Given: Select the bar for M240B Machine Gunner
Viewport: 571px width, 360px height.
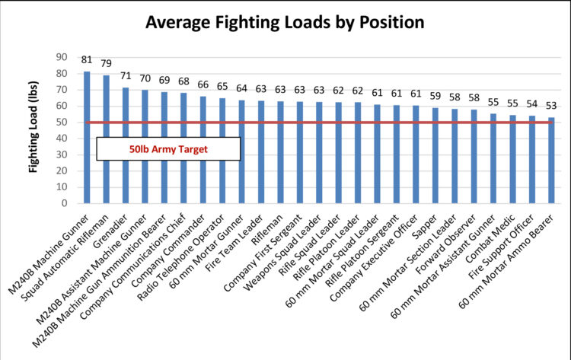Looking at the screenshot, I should pos(87,137).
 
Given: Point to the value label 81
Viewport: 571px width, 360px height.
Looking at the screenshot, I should pos(87,59).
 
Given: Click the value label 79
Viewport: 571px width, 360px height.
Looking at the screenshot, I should pos(107,63).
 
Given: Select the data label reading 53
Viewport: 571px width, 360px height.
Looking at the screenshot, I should pos(551,105).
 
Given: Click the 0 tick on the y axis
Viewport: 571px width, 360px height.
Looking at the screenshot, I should pos(64,203).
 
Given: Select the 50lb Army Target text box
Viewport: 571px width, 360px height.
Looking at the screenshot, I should pos(169,148).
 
